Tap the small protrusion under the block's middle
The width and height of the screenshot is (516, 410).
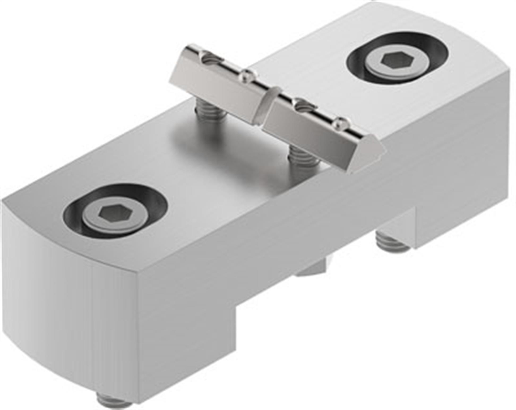pyautogui.click(x=311, y=268)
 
